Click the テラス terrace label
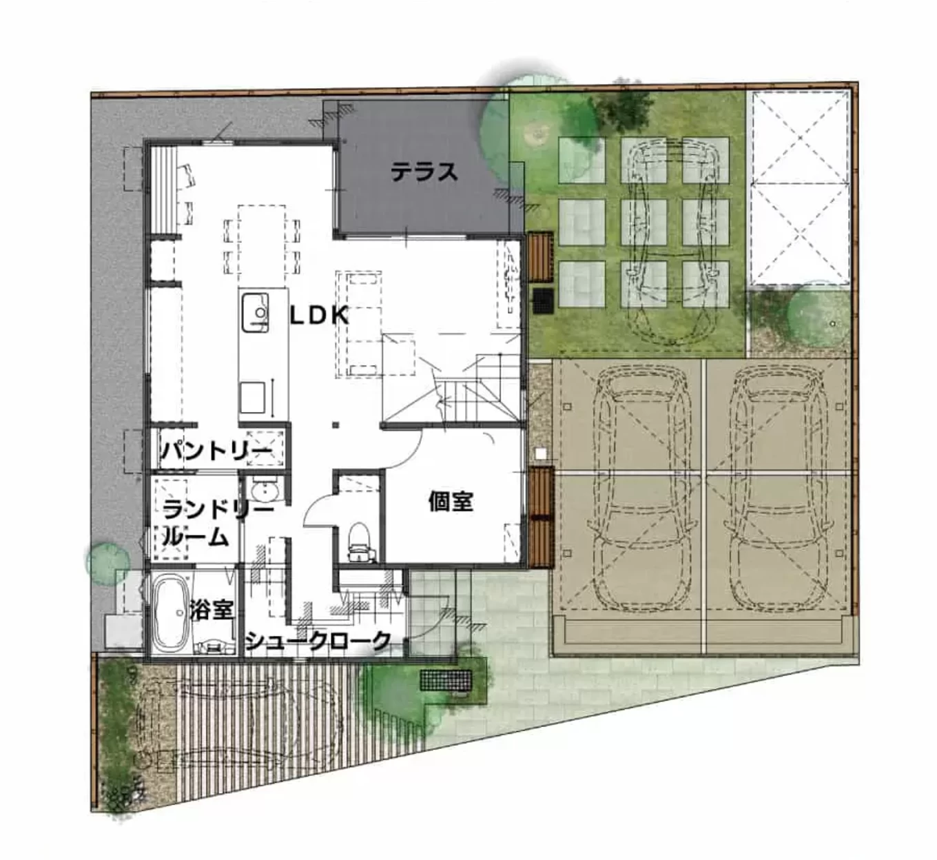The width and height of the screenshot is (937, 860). click(x=424, y=172)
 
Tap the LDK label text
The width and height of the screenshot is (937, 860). click(x=320, y=316)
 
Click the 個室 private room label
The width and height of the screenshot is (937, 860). click(x=451, y=502)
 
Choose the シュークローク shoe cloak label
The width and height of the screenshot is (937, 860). click(x=318, y=640)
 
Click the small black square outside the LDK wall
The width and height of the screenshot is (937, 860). click(x=544, y=300)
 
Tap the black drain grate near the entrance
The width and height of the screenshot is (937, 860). click(x=446, y=680)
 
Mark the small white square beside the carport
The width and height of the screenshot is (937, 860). click(x=541, y=453)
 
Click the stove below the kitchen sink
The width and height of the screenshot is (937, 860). click(x=253, y=397)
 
